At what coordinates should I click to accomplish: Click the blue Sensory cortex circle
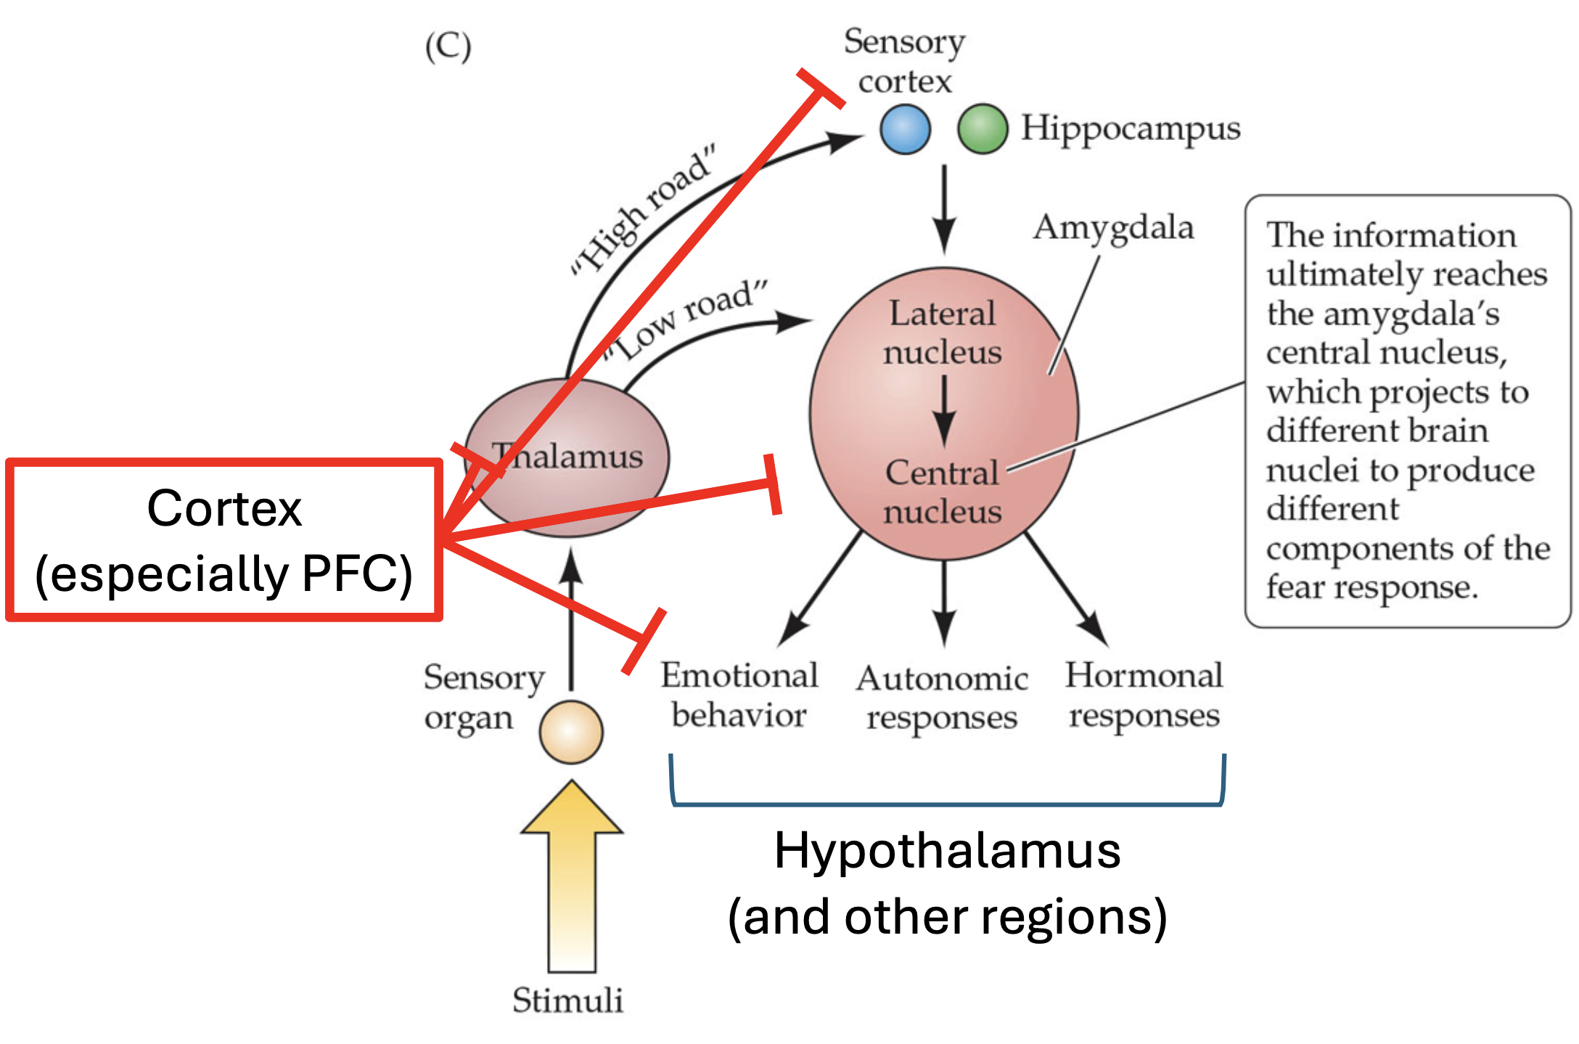[x=905, y=129]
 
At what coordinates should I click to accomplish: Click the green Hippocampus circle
[x=982, y=129]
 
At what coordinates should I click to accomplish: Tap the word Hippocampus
[x=1131, y=129]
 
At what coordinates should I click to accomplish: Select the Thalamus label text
[x=567, y=457]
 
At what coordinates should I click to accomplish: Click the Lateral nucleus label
[x=942, y=333]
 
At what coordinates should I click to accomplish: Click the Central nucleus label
[x=942, y=492]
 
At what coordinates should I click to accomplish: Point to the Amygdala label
[x=1113, y=227]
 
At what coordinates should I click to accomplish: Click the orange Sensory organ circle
[x=571, y=732]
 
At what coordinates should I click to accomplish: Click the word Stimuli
[x=567, y=1000]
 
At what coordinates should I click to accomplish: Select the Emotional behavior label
[x=739, y=695]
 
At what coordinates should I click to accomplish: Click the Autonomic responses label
[x=942, y=698]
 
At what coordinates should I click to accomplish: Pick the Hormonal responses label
[x=1144, y=695]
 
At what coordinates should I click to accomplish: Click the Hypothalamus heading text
[x=947, y=851]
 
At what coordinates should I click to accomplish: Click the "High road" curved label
[x=643, y=211]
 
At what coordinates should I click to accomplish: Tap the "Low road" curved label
[x=686, y=319]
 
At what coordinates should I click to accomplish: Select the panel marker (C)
[x=448, y=47]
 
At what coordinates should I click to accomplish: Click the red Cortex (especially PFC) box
[x=224, y=540]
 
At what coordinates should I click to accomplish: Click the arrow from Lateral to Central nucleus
[x=943, y=410]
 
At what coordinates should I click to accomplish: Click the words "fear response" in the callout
[x=1371, y=587]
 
